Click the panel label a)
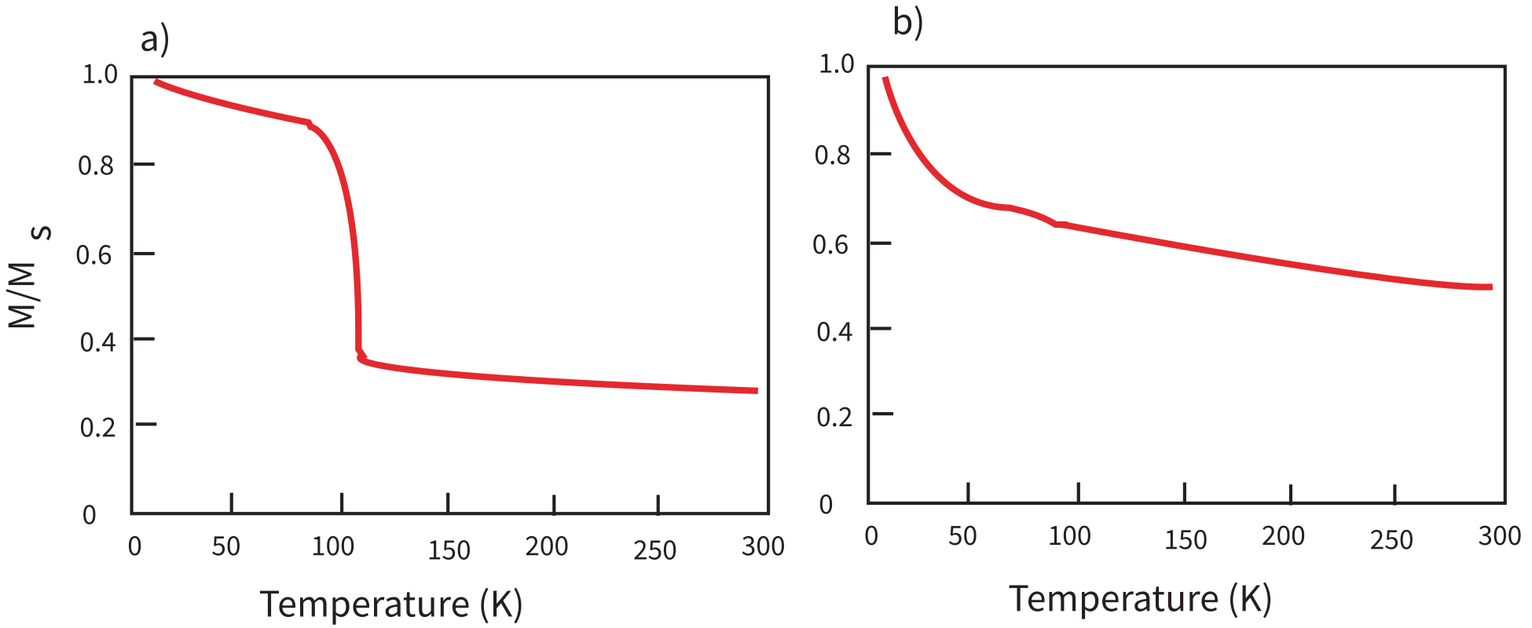[x=155, y=39]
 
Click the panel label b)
[x=907, y=23]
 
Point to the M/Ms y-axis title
[x=29, y=276]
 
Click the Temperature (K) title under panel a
[x=390, y=604]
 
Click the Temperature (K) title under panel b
[x=1140, y=599]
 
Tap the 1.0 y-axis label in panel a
[x=100, y=75]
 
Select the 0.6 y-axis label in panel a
[x=93, y=255]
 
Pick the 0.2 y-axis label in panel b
[x=834, y=417]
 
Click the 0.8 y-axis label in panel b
[x=832, y=155]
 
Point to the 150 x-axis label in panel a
[x=449, y=550]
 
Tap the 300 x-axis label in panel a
[x=762, y=546]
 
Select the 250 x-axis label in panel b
[x=1391, y=540]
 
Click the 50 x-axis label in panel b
[x=962, y=536]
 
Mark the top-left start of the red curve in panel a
[x=156, y=82]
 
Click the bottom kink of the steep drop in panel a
[x=361, y=357]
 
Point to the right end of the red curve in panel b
[x=1490, y=287]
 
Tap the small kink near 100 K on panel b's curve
[x=1058, y=225]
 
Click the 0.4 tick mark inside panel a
[x=144, y=339]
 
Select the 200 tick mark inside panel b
[x=1291, y=493]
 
